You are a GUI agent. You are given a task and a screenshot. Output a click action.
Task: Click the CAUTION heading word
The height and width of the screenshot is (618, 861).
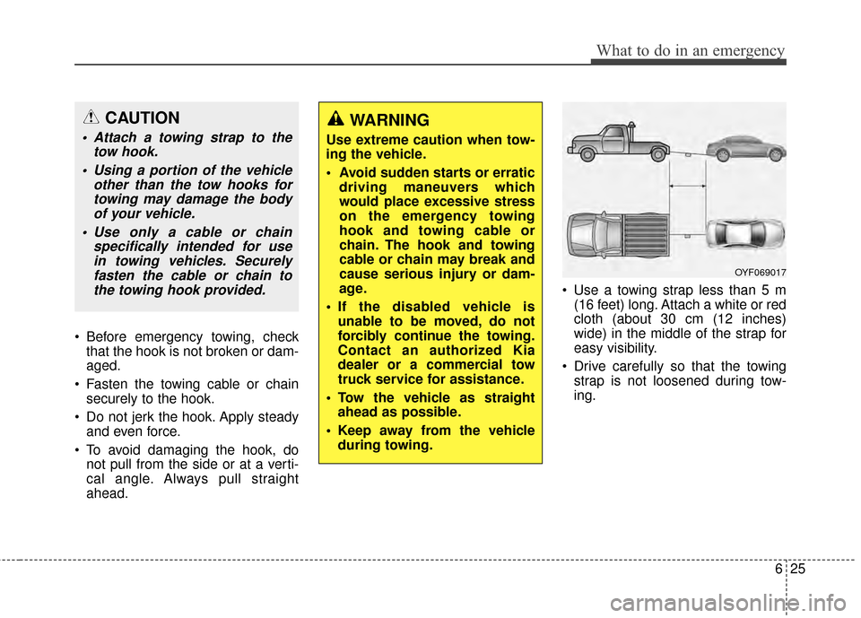pyautogui.click(x=142, y=118)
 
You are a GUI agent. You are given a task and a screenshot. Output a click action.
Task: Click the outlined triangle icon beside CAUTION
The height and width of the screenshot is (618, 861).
pyautogui.click(x=93, y=118)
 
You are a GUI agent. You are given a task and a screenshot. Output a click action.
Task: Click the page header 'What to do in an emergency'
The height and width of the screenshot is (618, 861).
pyautogui.click(x=688, y=50)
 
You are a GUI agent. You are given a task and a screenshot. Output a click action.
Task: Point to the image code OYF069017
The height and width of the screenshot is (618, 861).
pyautogui.click(x=760, y=272)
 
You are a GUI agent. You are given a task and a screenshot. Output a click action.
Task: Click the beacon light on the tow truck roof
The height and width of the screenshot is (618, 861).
pyautogui.click(x=613, y=125)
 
